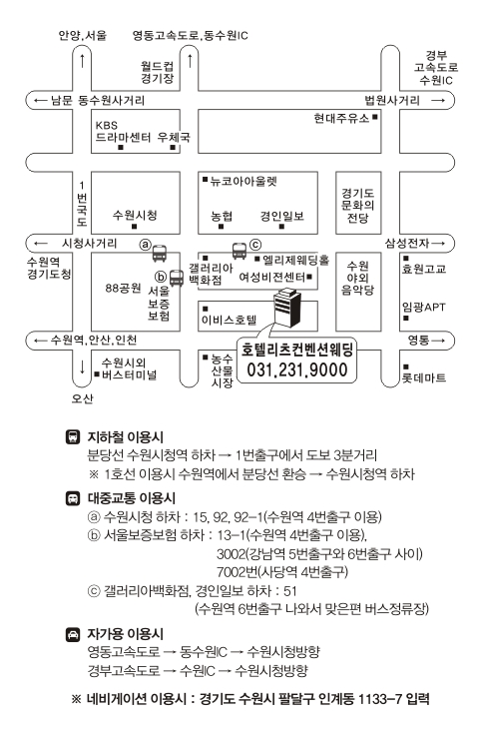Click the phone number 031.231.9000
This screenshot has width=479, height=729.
(296, 370)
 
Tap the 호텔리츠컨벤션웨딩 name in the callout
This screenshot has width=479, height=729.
(296, 350)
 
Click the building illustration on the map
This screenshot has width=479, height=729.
(287, 308)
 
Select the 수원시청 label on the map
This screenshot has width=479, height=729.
(135, 215)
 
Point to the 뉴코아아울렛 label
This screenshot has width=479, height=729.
(243, 181)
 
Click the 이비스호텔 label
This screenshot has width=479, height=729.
(229, 320)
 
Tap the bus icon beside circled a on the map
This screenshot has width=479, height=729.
(160, 253)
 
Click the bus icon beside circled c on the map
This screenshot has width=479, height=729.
(239, 251)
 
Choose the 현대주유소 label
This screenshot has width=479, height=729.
(341, 119)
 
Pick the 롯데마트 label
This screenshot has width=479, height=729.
(424, 377)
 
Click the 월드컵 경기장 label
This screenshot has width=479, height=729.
(158, 72)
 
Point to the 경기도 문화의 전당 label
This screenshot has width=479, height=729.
(357, 205)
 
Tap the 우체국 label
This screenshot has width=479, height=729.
(174, 137)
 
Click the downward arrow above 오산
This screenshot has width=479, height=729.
(82, 366)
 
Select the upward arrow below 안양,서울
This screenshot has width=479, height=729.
(82, 61)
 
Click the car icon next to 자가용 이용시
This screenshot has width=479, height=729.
(73, 634)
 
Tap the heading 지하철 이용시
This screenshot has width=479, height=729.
(126, 437)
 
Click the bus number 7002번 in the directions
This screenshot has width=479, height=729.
(237, 571)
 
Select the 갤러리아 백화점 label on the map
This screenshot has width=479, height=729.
(211, 274)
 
